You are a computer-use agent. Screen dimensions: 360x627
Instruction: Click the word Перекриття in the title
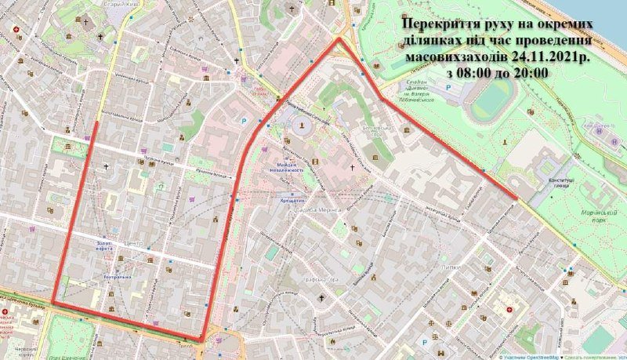(434, 23)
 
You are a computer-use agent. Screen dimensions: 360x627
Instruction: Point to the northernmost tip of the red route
(339, 38)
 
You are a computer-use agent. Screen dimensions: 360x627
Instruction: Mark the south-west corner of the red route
(53, 302)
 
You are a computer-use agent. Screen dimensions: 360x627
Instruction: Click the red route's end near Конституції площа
(515, 198)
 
